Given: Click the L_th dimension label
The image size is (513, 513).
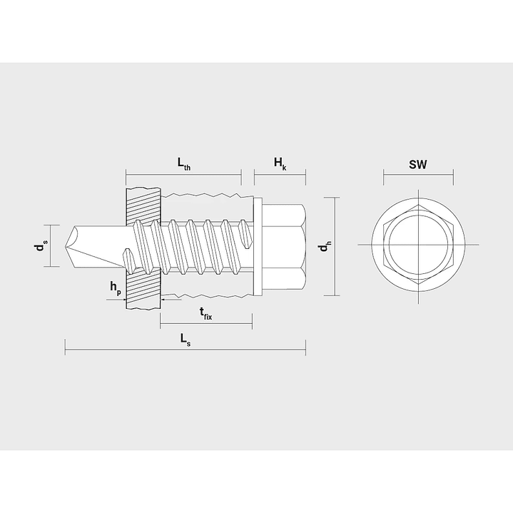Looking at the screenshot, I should point(183,163).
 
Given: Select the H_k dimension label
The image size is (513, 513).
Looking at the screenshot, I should point(280,163).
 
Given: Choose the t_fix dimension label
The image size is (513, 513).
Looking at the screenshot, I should point(205,314).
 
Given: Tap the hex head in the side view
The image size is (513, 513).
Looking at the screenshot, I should point(285,246).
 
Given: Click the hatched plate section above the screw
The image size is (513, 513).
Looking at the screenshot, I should point(143,203).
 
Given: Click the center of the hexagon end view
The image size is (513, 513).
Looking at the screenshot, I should point(418,245).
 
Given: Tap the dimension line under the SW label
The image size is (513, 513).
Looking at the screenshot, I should point(418,174).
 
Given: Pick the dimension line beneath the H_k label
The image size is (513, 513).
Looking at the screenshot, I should point(280,174).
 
